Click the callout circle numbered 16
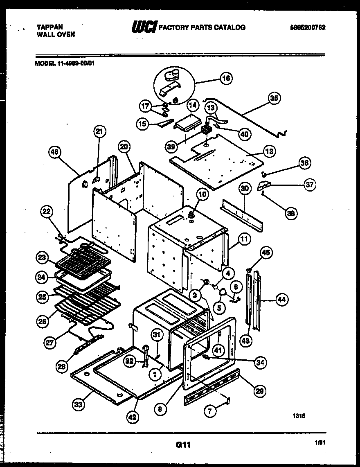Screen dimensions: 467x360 click(226, 78)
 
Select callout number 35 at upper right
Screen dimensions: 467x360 click(274, 98)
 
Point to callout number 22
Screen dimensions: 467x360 click(47, 212)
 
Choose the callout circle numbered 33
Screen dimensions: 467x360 click(78, 405)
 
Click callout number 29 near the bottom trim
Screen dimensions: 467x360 click(259, 391)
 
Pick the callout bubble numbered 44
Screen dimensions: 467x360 click(281, 300)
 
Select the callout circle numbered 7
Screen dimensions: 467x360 click(210, 411)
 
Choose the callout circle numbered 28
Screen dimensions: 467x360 click(62, 367)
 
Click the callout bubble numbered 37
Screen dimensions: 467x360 click(310, 185)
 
